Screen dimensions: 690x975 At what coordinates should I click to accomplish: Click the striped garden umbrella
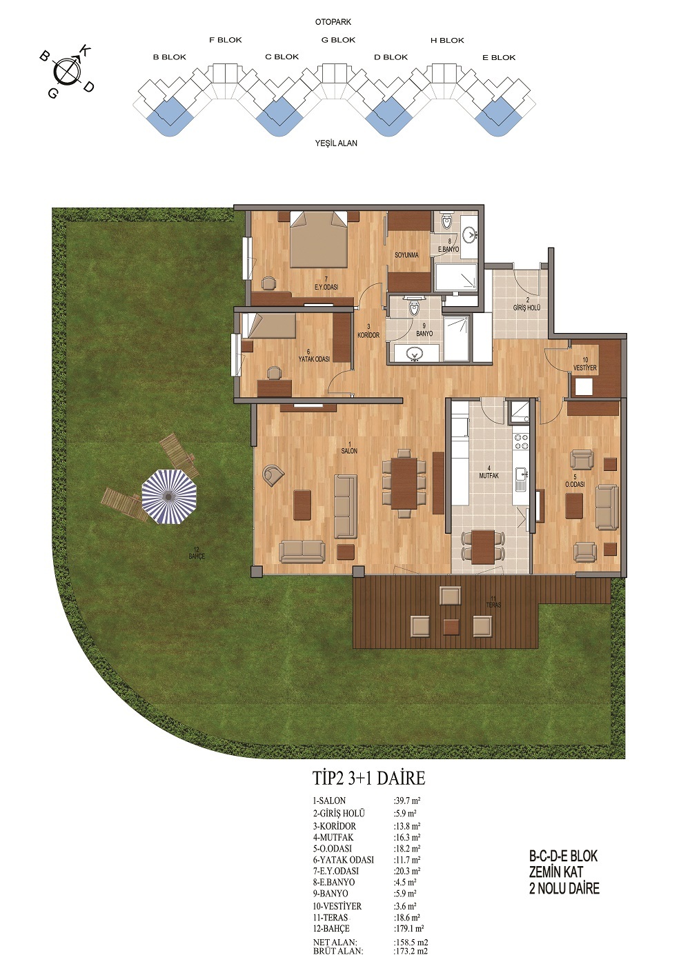[169, 496]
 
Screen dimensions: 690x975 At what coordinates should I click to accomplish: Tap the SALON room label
[349, 451]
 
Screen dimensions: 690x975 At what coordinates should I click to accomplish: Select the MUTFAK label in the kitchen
[489, 476]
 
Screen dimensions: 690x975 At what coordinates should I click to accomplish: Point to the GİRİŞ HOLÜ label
[526, 308]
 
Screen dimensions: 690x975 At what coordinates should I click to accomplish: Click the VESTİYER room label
[584, 368]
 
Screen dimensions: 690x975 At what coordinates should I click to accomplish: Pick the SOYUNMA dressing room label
[406, 255]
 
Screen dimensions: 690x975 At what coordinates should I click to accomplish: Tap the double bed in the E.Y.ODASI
[319, 239]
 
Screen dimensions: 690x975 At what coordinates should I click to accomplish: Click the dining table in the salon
[404, 483]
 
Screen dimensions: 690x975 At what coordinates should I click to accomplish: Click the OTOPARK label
[333, 21]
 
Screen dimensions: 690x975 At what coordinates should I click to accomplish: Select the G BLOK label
[339, 40]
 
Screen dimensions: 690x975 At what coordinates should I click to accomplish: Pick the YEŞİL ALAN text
[336, 143]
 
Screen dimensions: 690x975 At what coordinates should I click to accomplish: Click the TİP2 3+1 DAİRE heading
[368, 778]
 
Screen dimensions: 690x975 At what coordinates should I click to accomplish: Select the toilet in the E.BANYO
[447, 222]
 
